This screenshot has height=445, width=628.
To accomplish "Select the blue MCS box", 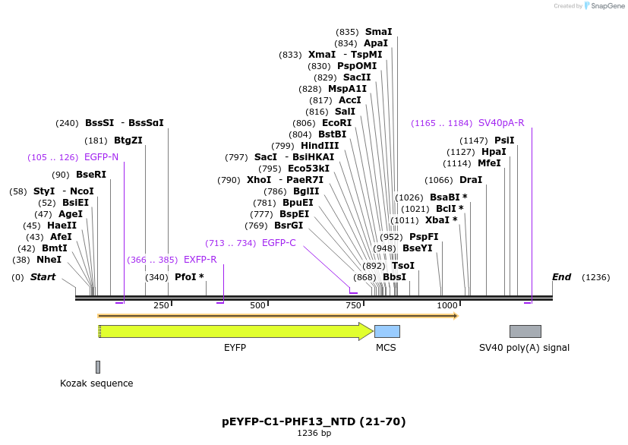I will click(x=387, y=331).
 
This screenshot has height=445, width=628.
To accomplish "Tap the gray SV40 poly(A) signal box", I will click(x=525, y=331).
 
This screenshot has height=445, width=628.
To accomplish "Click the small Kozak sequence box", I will click(x=98, y=367).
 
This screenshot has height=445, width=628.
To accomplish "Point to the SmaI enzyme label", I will click(x=378, y=32).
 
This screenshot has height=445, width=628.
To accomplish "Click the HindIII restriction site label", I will click(x=320, y=146).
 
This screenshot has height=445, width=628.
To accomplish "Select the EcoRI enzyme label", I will click(x=337, y=123).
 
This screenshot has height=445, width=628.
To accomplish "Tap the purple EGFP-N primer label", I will click(x=101, y=157).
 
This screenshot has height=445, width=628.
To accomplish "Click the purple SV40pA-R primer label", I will click(x=500, y=123).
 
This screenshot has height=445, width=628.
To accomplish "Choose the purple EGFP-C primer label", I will click(x=279, y=243).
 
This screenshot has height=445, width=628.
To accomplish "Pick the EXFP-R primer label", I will click(x=200, y=260).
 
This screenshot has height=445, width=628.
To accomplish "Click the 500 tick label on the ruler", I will click(x=257, y=305).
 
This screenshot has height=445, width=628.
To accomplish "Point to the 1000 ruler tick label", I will click(x=447, y=305).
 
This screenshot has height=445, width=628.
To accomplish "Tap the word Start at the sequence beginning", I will click(x=43, y=277).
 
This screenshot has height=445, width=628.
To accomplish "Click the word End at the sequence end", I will click(x=561, y=277).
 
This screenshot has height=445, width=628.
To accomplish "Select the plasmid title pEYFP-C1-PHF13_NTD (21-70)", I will click(x=314, y=421).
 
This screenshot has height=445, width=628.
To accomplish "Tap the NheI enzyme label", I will click(x=49, y=260).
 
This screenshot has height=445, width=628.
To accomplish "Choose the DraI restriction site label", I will click(x=471, y=180).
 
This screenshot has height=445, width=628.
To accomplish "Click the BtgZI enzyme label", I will click(x=128, y=140).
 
